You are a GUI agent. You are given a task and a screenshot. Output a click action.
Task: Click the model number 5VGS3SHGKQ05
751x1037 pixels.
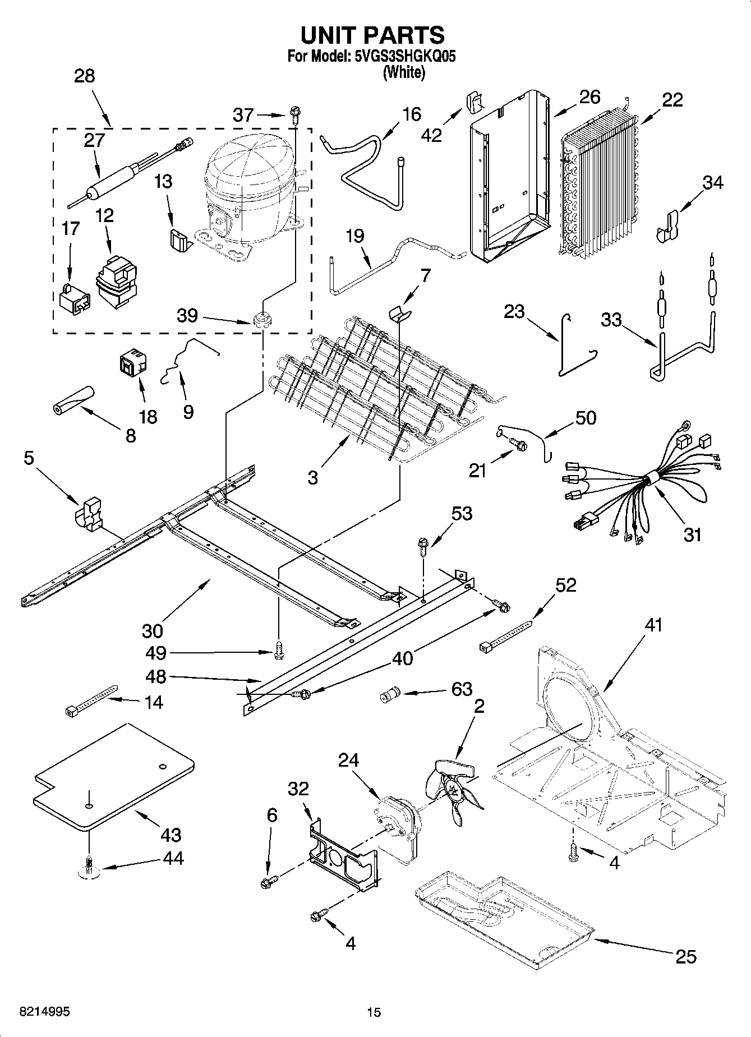tap(401, 57)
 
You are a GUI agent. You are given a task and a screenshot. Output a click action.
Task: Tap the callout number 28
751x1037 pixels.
tap(85, 76)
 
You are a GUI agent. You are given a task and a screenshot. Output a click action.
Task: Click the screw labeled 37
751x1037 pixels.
tap(294, 115)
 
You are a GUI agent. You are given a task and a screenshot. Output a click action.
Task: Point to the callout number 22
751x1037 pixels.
tap(672, 100)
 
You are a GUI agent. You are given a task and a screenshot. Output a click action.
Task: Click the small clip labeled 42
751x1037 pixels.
tap(474, 102)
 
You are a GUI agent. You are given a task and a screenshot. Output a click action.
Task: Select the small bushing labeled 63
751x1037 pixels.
tap(388, 696)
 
